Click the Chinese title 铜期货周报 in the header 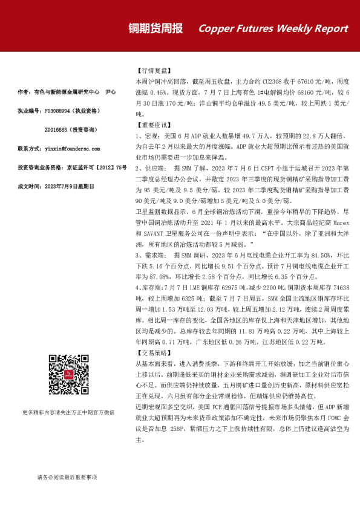click(x=155, y=28)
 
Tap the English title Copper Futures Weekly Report click(x=273, y=28)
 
